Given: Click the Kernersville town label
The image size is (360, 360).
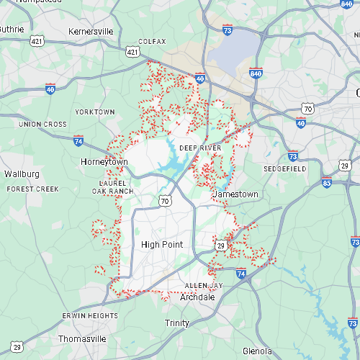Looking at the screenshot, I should point(91,32).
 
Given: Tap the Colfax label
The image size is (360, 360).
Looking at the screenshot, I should point(152,42).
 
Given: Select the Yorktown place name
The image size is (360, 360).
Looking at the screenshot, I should point(95,112).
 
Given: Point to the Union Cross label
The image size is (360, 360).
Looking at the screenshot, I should point(42,125).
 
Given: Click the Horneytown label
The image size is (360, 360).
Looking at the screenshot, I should point(104,162).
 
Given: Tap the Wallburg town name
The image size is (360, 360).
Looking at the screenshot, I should point(22,174).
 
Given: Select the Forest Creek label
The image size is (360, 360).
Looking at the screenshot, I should point(32,189).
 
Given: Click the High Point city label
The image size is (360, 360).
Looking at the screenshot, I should point(162,245).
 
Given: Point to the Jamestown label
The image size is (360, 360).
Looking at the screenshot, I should point(235,195).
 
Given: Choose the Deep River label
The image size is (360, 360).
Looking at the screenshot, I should point(200,148).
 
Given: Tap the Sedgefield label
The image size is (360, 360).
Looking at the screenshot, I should point(284,168).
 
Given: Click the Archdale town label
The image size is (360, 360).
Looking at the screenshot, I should point(197,297).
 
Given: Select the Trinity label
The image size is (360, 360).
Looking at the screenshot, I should point(176,323).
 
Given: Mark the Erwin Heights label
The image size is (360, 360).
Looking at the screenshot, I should point(90,316).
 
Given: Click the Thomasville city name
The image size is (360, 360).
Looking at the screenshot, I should point(81,338).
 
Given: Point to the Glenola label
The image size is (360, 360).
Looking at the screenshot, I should point(257,351).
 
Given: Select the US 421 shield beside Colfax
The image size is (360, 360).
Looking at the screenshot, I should point(132,51).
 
